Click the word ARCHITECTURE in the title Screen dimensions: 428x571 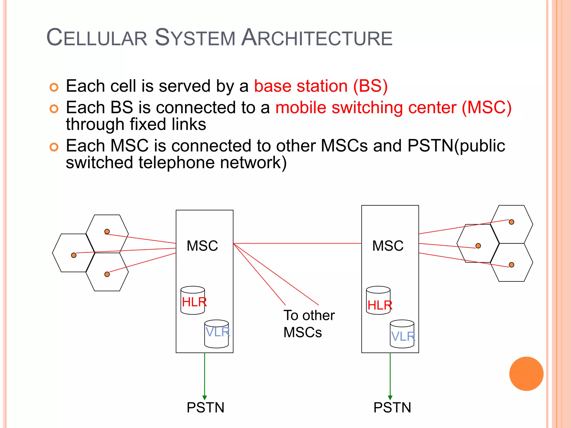point(317,38)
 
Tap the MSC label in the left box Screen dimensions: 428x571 point(202,246)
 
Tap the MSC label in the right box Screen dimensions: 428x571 point(388,246)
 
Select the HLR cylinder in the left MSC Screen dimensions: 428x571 point(193,300)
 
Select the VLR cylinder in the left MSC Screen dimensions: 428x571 point(217,334)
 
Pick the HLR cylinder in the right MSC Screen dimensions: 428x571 point(378,300)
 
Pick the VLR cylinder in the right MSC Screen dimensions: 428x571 point(402,334)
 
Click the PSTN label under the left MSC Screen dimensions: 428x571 point(205,407)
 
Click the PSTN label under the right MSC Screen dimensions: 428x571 point(392,407)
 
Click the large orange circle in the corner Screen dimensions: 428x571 point(526,374)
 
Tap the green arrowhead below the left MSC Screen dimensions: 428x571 point(205,398)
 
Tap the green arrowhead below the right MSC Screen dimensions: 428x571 point(390,398)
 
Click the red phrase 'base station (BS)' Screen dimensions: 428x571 point(321,86)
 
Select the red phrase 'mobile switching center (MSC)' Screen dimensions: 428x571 point(393,108)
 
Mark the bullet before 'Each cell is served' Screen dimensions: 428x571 point(54,87)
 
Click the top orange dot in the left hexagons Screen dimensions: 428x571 point(107,232)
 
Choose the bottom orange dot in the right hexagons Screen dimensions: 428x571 point(511,265)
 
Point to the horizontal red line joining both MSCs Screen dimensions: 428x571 point(297,244)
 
